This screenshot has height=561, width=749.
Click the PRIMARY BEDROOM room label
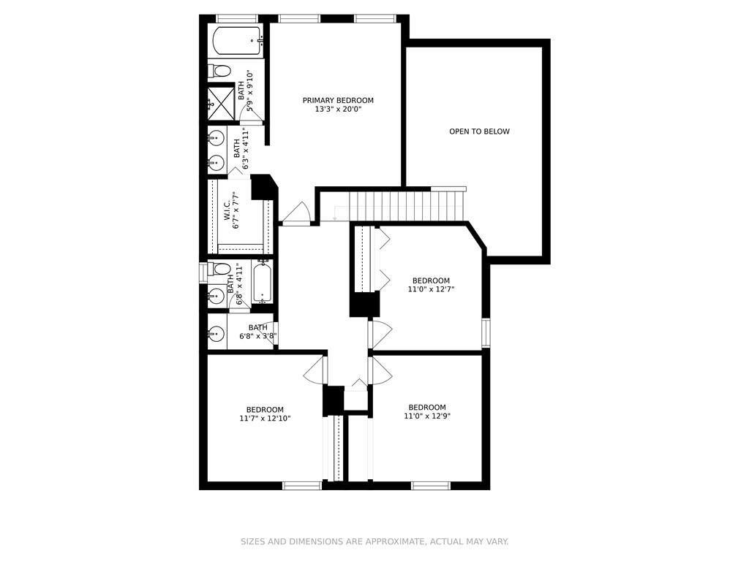coord(338,100)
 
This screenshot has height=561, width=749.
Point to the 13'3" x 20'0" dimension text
coord(338,109)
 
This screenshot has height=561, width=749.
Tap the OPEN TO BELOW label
coord(479,131)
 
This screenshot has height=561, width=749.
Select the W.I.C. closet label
coord(227,210)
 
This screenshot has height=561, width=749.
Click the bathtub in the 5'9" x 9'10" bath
coord(238,41)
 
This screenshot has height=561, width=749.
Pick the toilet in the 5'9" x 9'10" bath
coord(219,71)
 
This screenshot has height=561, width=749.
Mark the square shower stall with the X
coord(221,103)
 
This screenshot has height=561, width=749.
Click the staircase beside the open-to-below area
coord(407,205)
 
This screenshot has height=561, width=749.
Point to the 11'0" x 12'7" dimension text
coord(430,289)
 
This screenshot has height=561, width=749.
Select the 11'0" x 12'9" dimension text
coord(427,416)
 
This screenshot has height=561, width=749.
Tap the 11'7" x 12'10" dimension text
coord(265,418)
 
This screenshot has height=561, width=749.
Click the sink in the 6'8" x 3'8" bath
coord(217,333)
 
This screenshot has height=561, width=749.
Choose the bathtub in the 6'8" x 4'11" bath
coord(263,281)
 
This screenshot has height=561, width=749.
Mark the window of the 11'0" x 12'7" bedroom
coord(486,332)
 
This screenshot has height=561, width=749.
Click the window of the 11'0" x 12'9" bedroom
coord(431,486)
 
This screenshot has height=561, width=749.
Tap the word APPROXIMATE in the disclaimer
coord(394,541)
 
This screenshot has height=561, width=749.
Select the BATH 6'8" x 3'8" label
coord(258,332)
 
